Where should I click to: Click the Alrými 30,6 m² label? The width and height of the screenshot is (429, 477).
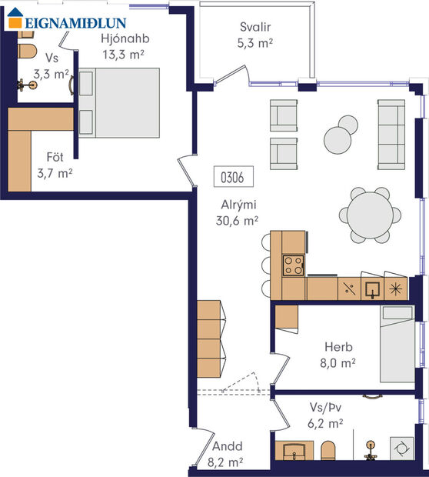[237, 212]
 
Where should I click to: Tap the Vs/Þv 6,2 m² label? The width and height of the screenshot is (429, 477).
[324, 416]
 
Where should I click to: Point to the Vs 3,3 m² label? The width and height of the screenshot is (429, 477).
[52, 67]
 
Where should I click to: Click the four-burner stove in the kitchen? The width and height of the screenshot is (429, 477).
[293, 265]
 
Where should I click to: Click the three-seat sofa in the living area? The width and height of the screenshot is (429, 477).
[391, 135]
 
